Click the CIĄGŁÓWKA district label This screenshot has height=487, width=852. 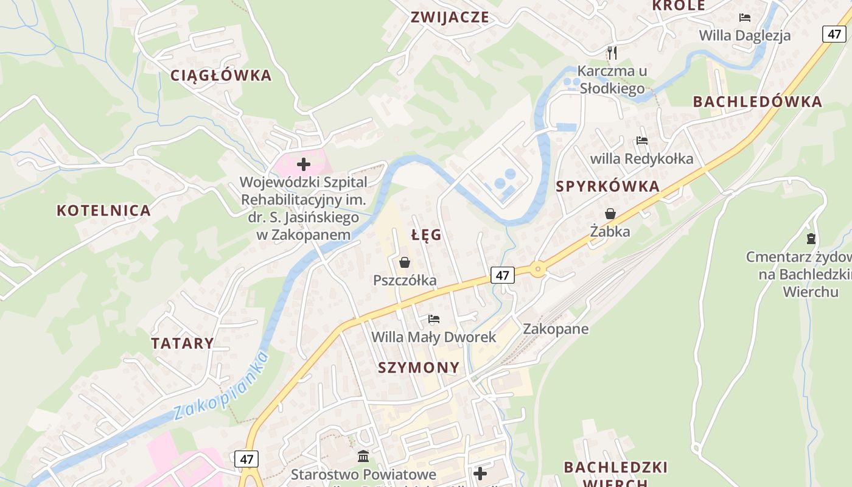point(221,75)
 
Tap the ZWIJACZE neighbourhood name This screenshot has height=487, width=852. point(450,17)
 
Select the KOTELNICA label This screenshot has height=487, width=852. point(103,211)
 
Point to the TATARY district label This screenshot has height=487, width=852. point(183,343)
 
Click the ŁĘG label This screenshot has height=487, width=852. point(426,235)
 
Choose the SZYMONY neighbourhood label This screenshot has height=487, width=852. point(419,367)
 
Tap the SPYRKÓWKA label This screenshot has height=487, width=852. point(607,186)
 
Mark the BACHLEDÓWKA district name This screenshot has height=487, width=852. point(758,102)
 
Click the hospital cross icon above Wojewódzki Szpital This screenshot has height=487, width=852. point(303,164)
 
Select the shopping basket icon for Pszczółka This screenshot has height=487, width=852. point(405,262)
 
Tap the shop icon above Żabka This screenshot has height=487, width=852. point(610,214)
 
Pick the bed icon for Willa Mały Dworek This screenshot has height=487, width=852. point(433,319)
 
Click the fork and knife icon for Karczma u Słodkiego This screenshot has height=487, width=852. point(612,53)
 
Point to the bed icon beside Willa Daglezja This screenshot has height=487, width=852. point(744,17)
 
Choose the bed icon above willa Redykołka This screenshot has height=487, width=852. point(641,141)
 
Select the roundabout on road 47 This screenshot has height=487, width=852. point(537,269)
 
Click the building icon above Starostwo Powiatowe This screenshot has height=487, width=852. point(363,456)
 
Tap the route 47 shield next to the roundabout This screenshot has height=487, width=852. point(503,275)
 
